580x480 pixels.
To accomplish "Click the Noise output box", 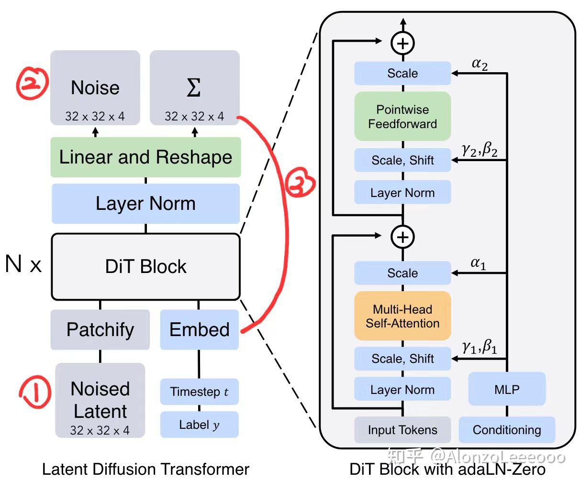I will tap(95, 88).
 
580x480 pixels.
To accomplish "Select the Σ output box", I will tap(194, 88).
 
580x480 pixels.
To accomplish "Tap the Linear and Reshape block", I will tap(145, 157).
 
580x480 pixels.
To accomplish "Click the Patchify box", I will tap(100, 329).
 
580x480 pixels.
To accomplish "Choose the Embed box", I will tap(199, 329).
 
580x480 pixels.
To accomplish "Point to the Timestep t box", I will tap(199, 392).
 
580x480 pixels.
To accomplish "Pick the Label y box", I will tap(199, 425).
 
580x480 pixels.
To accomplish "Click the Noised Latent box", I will tap(100, 400).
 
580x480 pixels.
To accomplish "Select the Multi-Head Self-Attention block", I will tap(402, 316).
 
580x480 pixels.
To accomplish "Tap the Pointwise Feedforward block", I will tap(402, 116).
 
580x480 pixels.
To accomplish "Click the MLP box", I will tap(507, 389).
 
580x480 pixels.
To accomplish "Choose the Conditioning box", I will tap(507, 430).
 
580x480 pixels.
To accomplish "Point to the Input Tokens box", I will tap(402, 430).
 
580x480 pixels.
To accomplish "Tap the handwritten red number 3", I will tap(300, 185).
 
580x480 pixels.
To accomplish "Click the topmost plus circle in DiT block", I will tap(403, 43).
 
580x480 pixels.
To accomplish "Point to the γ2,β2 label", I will tap(480, 150).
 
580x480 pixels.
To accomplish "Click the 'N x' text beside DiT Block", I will tap(23, 264).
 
